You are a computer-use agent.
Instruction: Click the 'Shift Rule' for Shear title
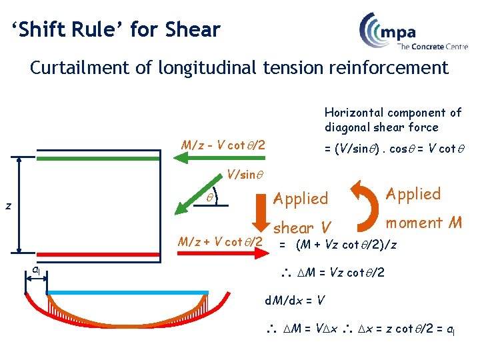[116, 29]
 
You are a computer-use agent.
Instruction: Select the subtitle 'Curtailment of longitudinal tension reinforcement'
[239, 68]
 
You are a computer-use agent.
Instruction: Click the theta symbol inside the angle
[209, 197]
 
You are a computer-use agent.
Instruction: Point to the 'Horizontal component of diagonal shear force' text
[393, 120]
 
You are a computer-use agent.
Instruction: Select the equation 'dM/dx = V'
[295, 300]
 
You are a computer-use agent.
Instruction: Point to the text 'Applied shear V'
[301, 212]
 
